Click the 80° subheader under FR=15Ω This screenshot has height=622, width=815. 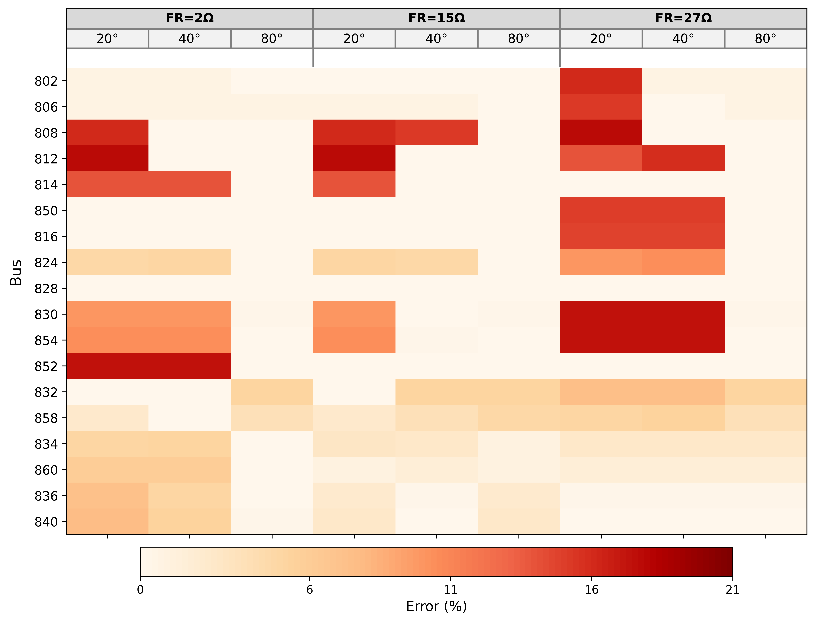click(x=519, y=39)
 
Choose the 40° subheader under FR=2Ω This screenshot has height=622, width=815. click(x=190, y=39)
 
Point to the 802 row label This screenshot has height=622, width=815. click(x=46, y=81)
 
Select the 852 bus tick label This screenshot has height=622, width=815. click(x=46, y=366)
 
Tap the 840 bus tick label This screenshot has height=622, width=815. click(x=46, y=522)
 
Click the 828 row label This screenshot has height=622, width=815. click(x=46, y=288)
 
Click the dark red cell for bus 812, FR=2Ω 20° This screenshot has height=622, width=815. click(x=107, y=159)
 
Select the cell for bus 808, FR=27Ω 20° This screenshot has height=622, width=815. click(x=601, y=133)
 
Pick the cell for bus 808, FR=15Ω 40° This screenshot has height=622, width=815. click(x=436, y=133)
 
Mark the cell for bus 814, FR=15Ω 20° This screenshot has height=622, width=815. click(x=354, y=184)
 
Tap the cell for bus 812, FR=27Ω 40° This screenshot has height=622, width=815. click(x=683, y=159)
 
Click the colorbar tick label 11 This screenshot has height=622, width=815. click(x=450, y=589)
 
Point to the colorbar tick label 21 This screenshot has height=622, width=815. click(x=733, y=589)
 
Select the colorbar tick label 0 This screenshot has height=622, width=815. click(x=140, y=589)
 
